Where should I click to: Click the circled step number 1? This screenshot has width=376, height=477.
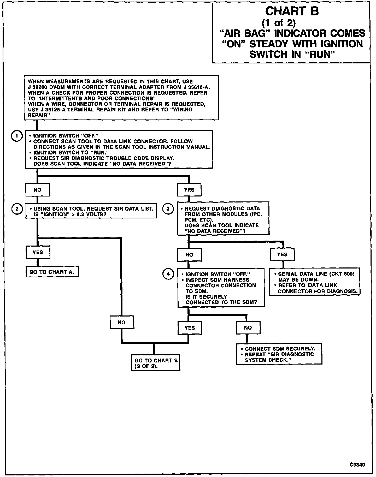click(x=17, y=136)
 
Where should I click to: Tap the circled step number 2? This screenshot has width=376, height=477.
click(x=17, y=209)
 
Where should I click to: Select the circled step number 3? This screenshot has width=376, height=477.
click(x=168, y=209)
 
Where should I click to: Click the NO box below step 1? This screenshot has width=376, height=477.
click(x=38, y=190)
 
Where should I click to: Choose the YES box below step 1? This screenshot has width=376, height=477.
click(x=189, y=190)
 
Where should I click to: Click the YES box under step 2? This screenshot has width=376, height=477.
click(x=38, y=252)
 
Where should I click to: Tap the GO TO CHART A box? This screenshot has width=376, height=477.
click(x=52, y=272)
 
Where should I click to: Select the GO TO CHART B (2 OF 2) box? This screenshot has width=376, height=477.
click(x=156, y=363)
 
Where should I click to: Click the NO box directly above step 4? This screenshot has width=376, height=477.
click(x=189, y=255)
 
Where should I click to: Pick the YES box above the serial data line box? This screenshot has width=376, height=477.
click(x=282, y=254)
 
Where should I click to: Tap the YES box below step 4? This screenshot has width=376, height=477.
click(x=190, y=328)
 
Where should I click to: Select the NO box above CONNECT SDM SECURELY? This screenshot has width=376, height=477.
click(x=248, y=328)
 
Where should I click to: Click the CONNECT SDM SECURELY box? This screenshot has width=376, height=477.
click(x=279, y=354)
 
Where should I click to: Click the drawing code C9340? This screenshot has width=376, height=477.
click(x=357, y=465)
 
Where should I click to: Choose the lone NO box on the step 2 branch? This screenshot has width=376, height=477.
click(x=122, y=323)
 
